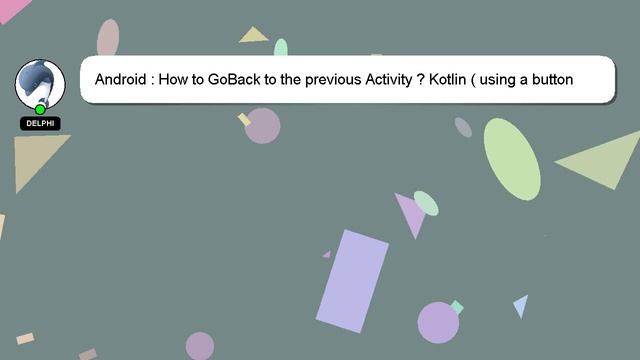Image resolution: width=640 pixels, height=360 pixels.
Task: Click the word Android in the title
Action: tap(124, 79)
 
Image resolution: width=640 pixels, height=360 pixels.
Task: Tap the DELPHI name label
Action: tap(40, 123)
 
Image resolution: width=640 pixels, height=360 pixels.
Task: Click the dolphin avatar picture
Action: tap(40, 84)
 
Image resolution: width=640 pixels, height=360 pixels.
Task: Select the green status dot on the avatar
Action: tap(40, 109)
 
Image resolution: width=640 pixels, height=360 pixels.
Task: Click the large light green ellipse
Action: tap(512, 158)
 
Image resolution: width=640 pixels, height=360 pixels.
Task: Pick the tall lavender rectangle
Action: tap(352, 281)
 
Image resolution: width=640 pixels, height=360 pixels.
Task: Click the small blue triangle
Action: tap(521, 305)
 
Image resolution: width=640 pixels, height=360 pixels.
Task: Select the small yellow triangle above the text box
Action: tap(254, 36)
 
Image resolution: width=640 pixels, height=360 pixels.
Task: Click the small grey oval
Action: tap(463, 127)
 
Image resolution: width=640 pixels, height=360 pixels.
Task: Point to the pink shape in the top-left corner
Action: tap(12, 8)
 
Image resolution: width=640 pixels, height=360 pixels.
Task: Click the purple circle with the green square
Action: tap(438, 322)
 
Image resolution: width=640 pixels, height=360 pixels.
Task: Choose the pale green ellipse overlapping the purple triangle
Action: tap(426, 203)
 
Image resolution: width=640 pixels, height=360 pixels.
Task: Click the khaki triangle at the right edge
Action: tap(606, 160)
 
